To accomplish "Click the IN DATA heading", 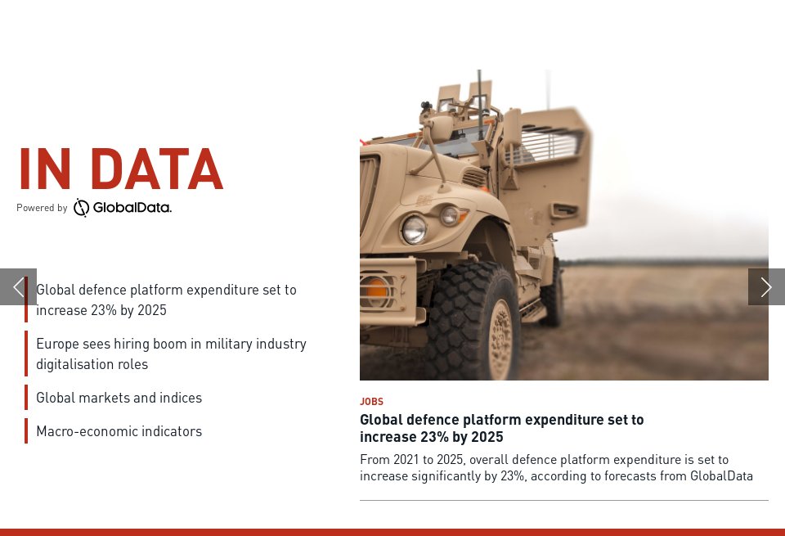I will [120, 169].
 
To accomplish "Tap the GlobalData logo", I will [123, 208].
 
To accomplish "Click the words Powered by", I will [42, 208].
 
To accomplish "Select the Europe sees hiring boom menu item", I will [171, 354].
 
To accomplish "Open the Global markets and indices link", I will [119, 398].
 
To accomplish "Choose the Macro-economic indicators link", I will [119, 431].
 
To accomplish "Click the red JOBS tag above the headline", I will [371, 402].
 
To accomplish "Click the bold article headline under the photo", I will [501, 428].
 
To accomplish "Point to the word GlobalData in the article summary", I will [721, 476].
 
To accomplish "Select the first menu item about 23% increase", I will [166, 300].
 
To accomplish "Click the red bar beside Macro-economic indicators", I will [26, 431].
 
